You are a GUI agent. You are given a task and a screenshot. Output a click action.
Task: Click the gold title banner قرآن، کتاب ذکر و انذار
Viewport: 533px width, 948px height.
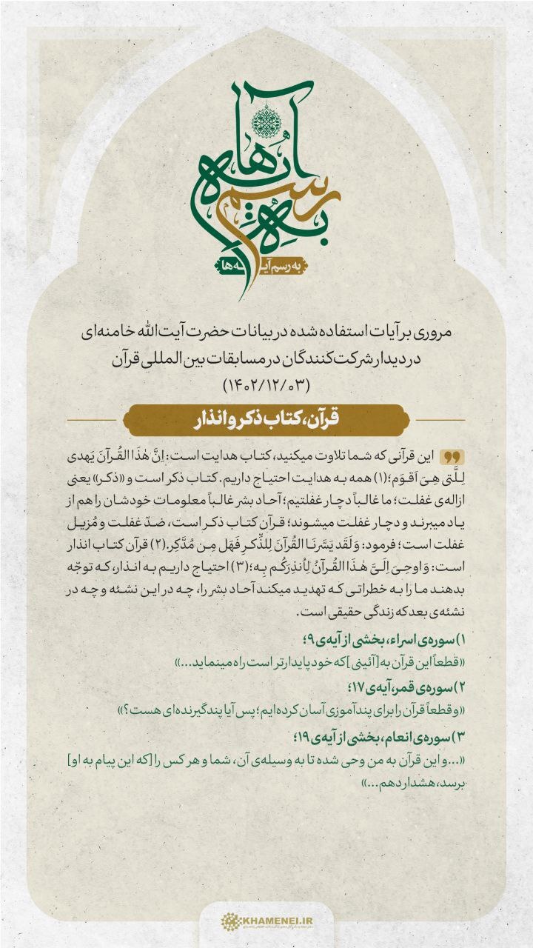(x=266, y=420)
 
